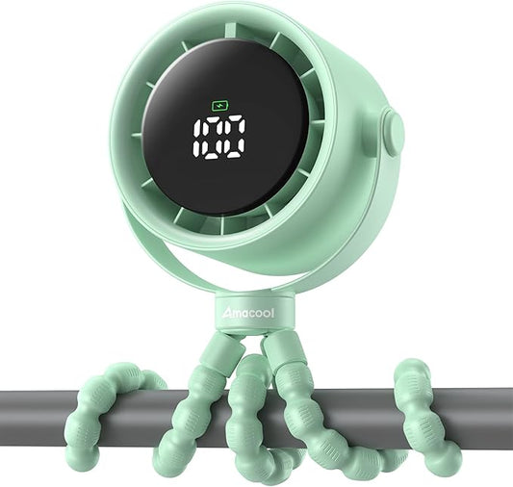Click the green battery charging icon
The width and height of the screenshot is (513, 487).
click(x=220, y=106)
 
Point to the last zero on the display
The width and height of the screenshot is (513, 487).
click(x=234, y=138)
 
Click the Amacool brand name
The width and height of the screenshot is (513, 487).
click(x=248, y=314)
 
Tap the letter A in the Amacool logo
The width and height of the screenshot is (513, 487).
click(x=227, y=314)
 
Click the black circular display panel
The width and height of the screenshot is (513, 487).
click(x=225, y=129)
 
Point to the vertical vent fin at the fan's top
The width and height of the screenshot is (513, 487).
click(x=230, y=34)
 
